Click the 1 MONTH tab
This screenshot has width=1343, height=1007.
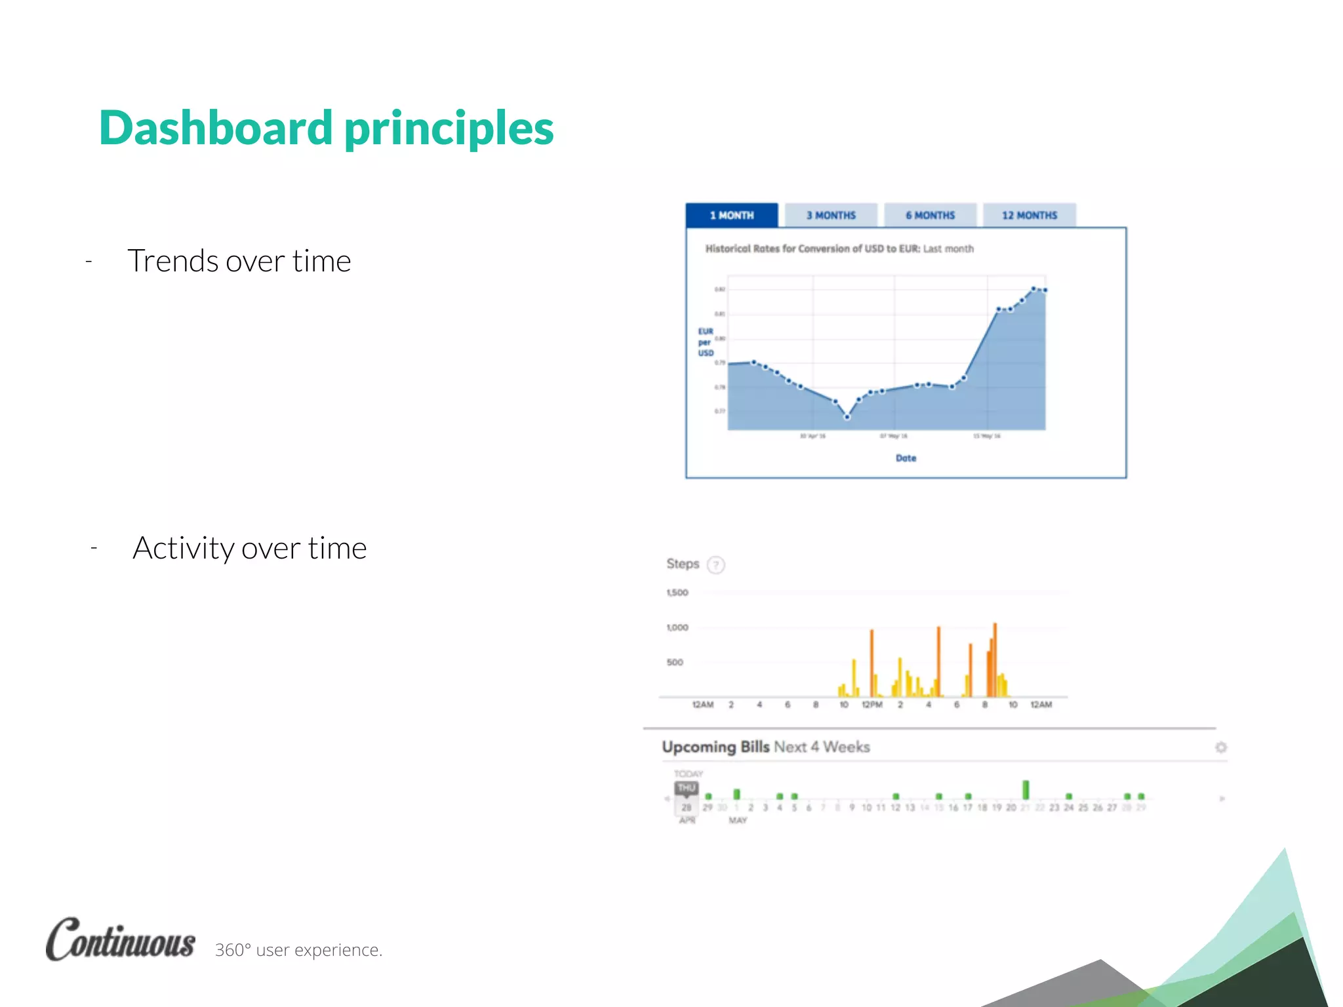(732, 215)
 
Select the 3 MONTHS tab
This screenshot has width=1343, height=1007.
(831, 215)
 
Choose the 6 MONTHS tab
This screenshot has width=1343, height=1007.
(930, 215)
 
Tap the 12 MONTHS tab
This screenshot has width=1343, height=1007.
(1029, 215)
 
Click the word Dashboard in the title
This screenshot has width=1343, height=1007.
(216, 128)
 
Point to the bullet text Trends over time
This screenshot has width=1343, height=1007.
(239, 261)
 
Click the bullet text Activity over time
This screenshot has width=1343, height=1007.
(249, 548)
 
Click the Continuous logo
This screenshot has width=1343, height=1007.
(121, 940)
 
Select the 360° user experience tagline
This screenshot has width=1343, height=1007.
(298, 950)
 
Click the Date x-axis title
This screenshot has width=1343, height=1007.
(906, 458)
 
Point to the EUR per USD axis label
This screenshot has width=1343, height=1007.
(705, 342)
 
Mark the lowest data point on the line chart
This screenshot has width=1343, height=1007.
(847, 417)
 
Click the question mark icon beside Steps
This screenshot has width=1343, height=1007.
(716, 564)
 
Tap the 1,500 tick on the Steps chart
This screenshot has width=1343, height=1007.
(677, 593)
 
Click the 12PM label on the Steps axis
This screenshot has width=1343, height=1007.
(872, 705)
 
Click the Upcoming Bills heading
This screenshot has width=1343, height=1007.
(715, 747)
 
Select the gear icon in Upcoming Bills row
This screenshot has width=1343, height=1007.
(1220, 747)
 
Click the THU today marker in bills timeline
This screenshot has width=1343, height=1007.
(687, 788)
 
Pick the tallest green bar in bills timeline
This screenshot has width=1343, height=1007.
(1026, 789)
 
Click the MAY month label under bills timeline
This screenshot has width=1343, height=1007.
(738, 821)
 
